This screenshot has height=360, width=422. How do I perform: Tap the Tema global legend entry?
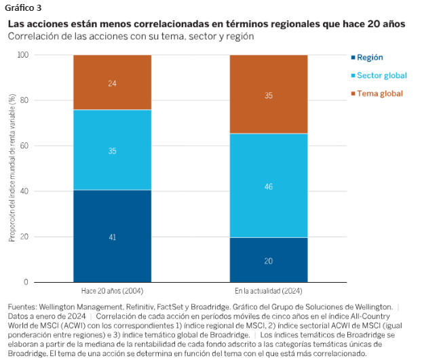379,93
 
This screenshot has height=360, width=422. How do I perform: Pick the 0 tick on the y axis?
45,282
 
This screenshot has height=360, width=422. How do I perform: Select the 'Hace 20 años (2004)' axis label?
112,291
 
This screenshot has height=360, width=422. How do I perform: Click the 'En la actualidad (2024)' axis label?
269,291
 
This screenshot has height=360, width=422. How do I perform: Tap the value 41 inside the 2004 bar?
112,237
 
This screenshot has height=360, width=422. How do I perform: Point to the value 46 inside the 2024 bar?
269,185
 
